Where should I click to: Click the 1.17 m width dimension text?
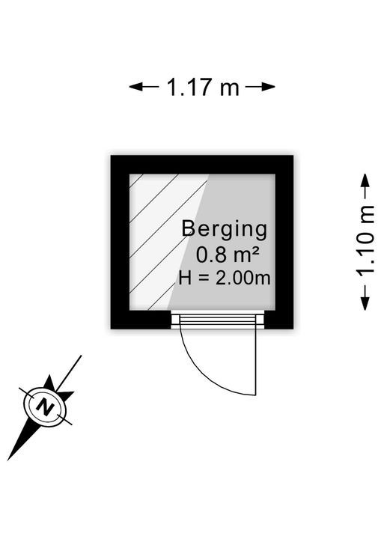pos(203,87)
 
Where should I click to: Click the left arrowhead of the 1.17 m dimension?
pos(135,87)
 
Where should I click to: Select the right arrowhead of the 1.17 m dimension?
pos(269,87)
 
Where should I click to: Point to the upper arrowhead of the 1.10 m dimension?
pos(365,180)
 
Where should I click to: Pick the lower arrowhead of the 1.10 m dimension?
pos(365,304)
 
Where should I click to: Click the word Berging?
pos(225,229)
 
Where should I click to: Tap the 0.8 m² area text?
pos(228,255)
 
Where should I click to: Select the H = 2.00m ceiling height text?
pos(225,278)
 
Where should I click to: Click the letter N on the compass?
pos(45,407)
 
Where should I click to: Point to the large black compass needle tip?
pos(8,460)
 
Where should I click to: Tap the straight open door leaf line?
pos(255,362)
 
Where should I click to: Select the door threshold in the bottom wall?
pos(218,320)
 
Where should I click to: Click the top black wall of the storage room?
pos(202,165)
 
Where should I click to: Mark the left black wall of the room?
pos(120,242)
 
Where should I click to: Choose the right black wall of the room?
pos(284,242)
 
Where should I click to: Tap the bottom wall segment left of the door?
pos(141,320)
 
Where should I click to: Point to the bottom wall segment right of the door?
pos(279,320)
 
